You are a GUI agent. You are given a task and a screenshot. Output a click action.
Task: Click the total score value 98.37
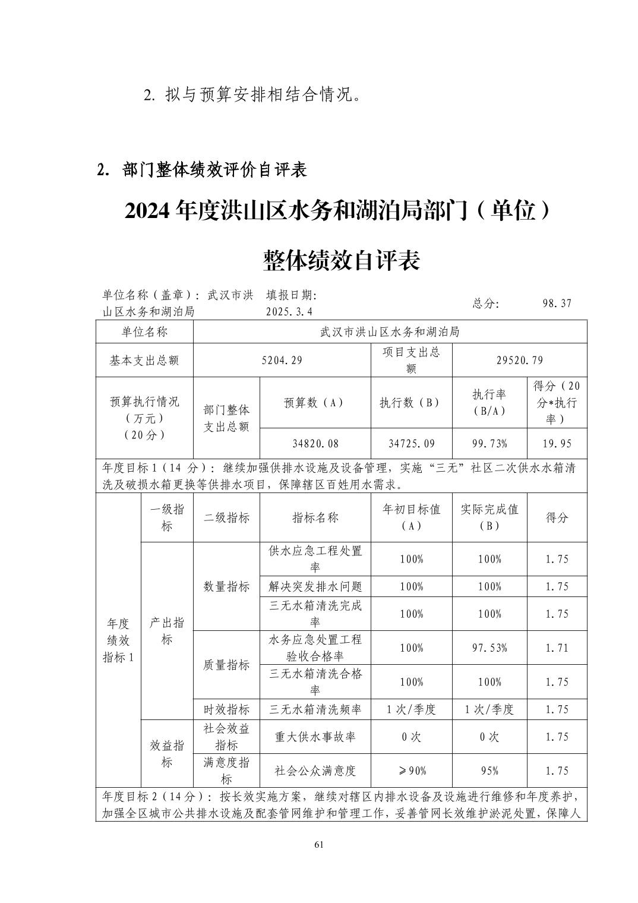557,303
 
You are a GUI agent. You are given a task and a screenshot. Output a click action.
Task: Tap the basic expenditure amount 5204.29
282,360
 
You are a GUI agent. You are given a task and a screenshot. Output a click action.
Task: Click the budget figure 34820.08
315,444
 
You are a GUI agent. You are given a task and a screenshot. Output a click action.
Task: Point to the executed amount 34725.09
411,444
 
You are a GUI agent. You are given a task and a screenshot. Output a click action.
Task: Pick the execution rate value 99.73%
489,444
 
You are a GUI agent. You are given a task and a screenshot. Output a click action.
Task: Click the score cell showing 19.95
557,444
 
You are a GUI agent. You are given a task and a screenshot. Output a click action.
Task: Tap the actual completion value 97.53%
489,648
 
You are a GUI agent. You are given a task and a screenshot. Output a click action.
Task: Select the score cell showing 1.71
557,648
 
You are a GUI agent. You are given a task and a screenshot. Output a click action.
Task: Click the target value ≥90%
411,771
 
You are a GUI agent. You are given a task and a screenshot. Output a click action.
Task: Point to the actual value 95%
489,771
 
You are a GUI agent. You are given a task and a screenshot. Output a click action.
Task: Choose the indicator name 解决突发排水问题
315,586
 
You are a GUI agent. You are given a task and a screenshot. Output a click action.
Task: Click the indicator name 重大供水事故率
315,737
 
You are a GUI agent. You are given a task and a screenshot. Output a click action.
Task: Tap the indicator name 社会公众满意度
315,771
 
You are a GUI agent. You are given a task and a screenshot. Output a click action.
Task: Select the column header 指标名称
315,517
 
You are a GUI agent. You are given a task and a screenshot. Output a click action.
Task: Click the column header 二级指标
226,517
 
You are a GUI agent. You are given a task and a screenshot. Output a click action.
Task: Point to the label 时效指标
226,709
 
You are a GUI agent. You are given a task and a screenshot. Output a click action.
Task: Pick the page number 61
319,845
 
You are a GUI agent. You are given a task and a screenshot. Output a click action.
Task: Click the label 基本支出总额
144,360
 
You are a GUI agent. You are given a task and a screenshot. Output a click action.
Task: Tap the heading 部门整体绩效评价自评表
214,170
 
